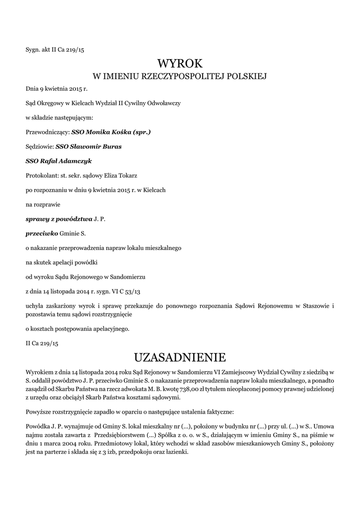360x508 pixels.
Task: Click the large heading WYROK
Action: [x=180, y=63]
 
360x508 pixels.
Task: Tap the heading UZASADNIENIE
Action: [x=180, y=357]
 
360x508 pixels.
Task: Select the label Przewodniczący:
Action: [x=48, y=132]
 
